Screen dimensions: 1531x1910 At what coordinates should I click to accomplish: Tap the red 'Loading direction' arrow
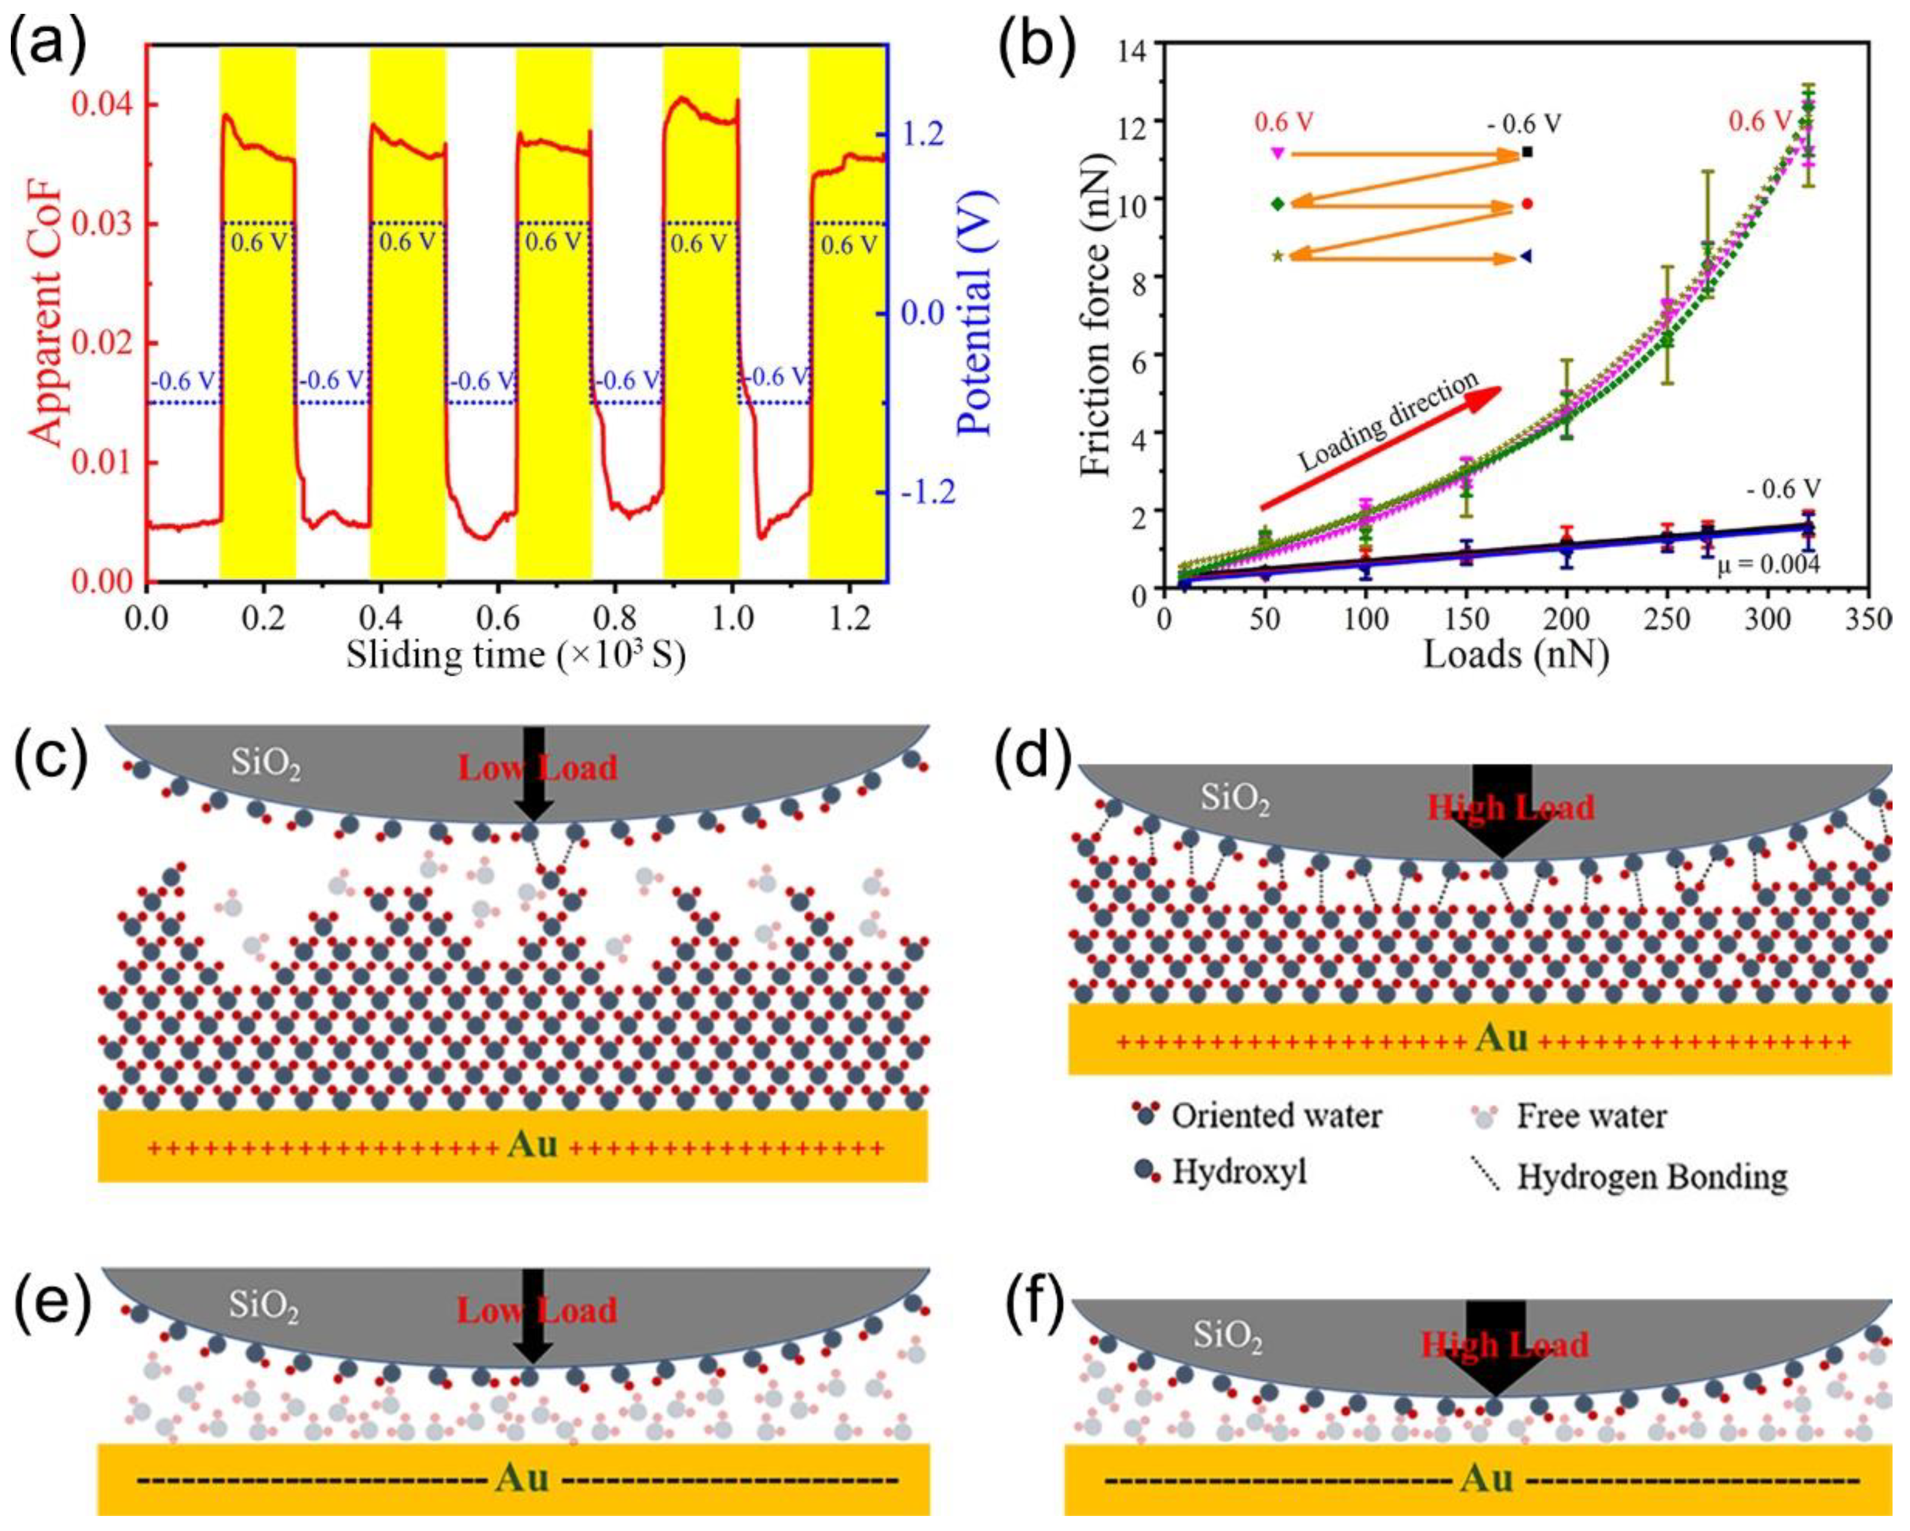click(1382, 447)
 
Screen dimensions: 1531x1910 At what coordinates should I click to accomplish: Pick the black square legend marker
click(1526, 152)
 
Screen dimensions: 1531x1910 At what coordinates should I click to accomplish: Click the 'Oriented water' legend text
click(1276, 1116)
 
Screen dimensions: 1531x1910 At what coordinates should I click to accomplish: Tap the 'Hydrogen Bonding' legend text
click(1652, 1177)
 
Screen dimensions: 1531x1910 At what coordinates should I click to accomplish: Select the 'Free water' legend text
click(1591, 1116)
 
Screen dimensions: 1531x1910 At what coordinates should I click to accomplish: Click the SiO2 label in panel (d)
click(1235, 800)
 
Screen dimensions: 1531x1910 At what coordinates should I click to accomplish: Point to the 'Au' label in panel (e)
click(523, 1478)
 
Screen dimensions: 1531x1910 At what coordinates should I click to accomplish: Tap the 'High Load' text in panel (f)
click(1504, 1345)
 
